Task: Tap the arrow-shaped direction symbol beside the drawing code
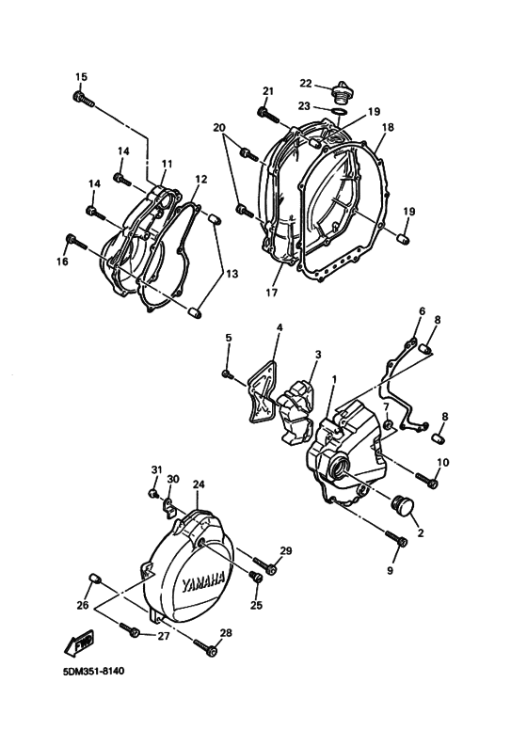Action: click(x=76, y=643)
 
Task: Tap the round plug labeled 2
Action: click(x=407, y=505)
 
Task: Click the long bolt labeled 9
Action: click(x=397, y=540)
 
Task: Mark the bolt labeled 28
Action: click(x=209, y=647)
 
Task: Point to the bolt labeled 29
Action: click(x=270, y=566)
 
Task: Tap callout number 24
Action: click(x=199, y=485)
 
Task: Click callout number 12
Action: click(x=201, y=179)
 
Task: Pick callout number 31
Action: click(x=157, y=469)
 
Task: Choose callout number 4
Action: click(x=279, y=327)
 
